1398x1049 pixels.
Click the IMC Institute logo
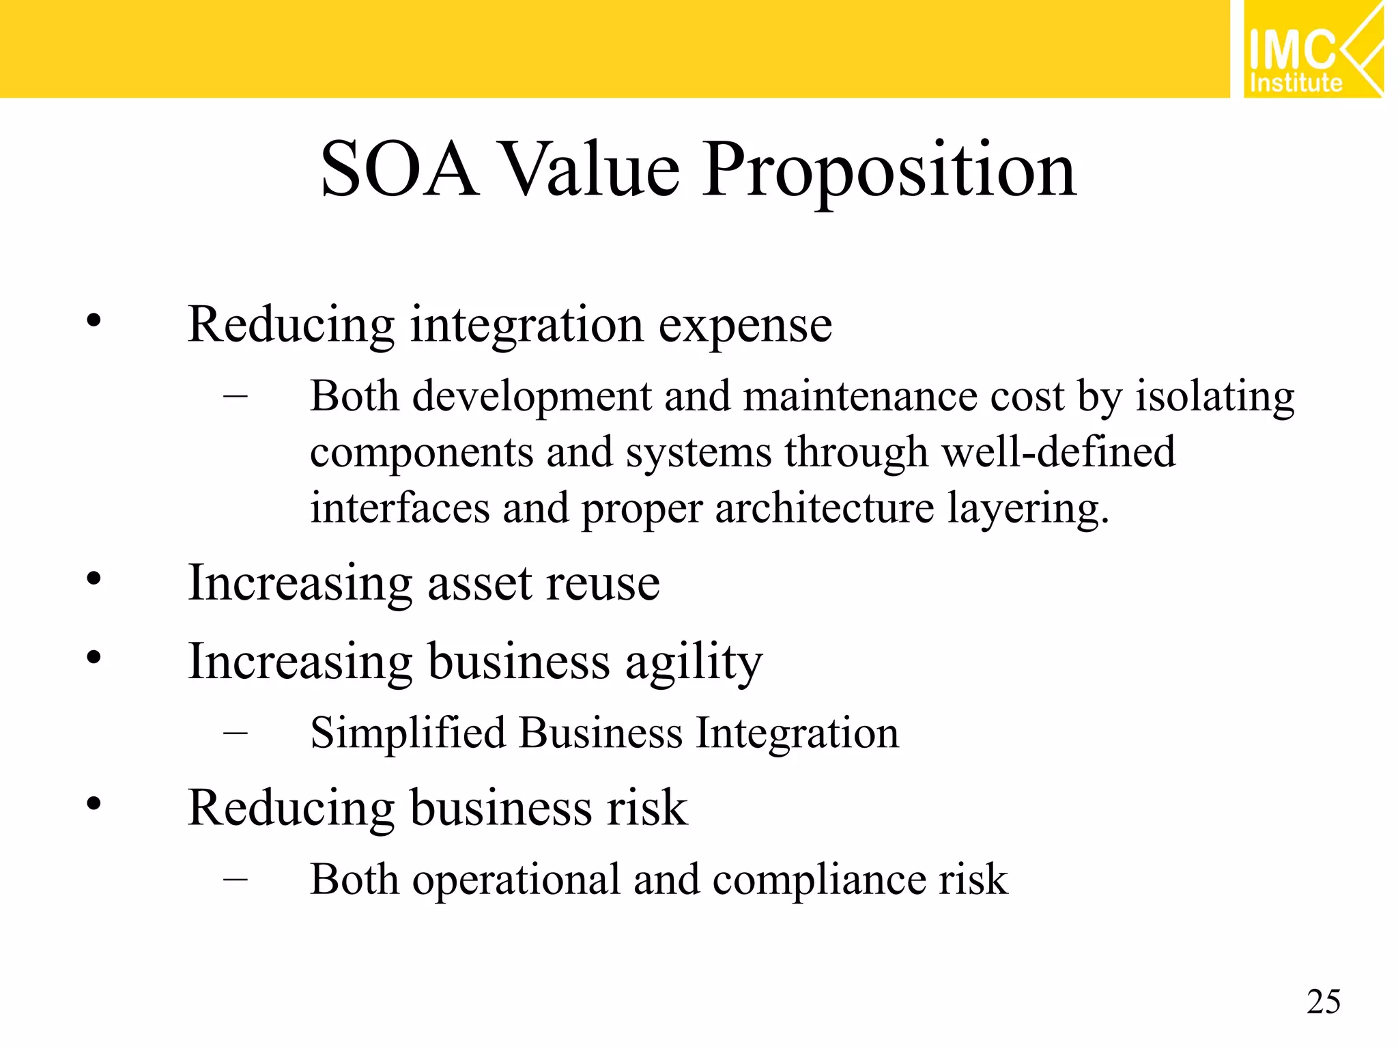coord(1312,50)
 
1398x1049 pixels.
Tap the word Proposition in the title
coord(889,170)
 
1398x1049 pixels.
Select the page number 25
coord(1324,1002)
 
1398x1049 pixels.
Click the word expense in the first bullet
coord(745,325)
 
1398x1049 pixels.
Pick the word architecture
coord(824,508)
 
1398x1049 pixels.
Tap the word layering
coord(1027,509)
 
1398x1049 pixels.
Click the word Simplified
coord(408,733)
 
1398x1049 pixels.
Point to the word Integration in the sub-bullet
coord(797,733)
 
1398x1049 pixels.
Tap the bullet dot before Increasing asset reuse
coord(94,579)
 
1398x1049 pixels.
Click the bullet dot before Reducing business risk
coord(94,804)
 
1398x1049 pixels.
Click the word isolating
coord(1214,396)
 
